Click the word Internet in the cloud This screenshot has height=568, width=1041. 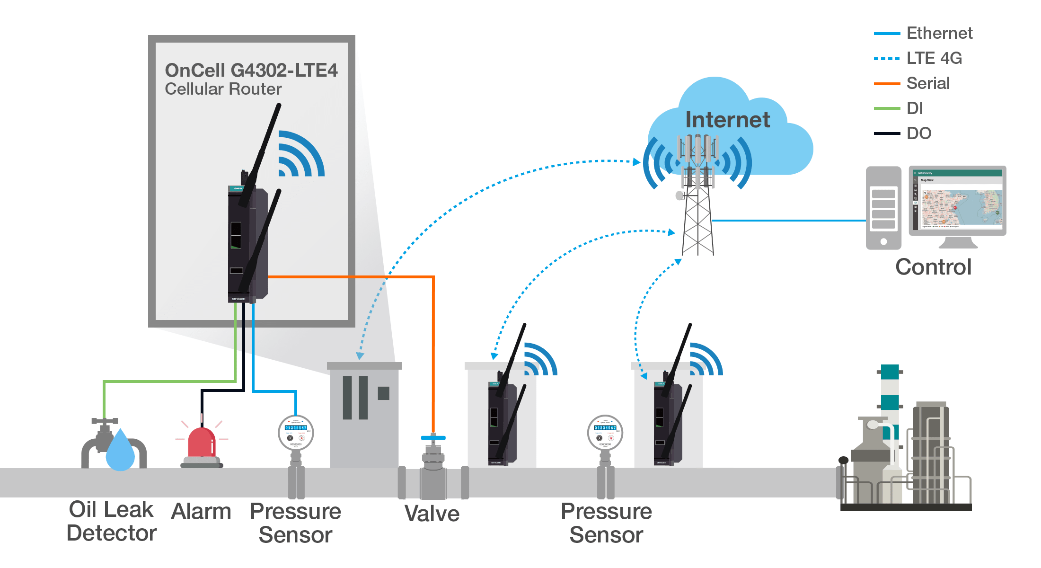(727, 120)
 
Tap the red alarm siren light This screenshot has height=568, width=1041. (202, 444)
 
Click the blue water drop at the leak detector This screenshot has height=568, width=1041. (120, 451)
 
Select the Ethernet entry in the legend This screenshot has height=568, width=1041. (939, 33)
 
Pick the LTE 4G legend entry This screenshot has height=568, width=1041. (934, 58)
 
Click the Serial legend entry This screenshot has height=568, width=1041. (928, 83)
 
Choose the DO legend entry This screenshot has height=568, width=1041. (918, 133)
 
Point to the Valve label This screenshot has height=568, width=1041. (432, 514)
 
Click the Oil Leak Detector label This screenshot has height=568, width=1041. (112, 521)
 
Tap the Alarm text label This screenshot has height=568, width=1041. (201, 511)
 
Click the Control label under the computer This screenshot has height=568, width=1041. (933, 267)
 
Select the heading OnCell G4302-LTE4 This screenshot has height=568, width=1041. (251, 71)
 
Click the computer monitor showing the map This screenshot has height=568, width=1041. (957, 201)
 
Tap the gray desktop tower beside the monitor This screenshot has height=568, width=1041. (883, 208)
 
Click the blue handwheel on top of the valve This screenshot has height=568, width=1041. (433, 438)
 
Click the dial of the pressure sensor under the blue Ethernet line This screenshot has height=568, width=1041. (296, 432)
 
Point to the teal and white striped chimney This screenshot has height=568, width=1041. (890, 393)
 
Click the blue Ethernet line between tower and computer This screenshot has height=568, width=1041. (788, 221)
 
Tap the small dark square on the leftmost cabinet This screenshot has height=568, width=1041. (383, 393)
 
